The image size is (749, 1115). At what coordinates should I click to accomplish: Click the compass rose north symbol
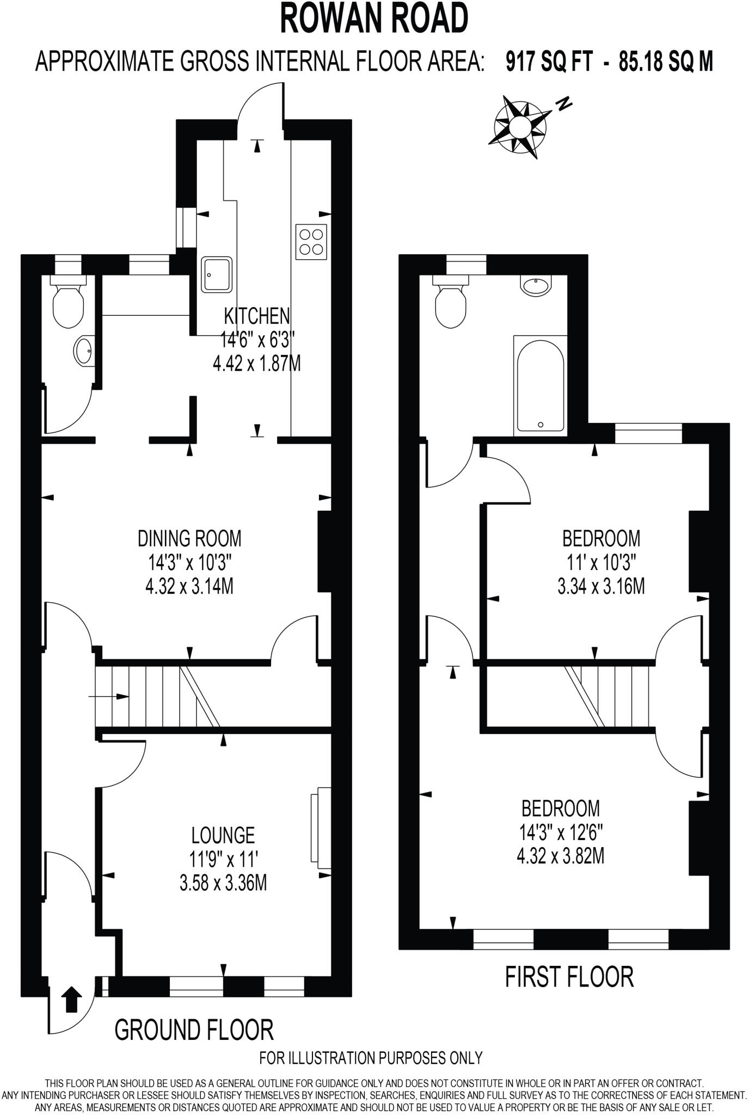click(x=519, y=127)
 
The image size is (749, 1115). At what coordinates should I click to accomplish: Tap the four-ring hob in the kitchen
click(x=311, y=241)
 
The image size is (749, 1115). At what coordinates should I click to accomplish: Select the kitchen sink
click(x=218, y=274)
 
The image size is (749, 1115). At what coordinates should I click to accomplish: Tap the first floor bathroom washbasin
click(x=536, y=284)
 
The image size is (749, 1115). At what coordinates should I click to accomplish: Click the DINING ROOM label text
click(x=189, y=538)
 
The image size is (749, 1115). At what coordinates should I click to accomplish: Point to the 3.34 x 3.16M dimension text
click(x=601, y=587)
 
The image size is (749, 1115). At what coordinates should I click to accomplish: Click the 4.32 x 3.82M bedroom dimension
click(x=560, y=856)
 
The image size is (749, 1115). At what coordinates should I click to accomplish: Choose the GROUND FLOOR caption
click(x=194, y=1030)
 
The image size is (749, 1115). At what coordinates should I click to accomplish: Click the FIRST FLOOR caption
click(x=569, y=977)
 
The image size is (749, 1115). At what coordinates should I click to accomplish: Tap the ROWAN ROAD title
click(x=374, y=19)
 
